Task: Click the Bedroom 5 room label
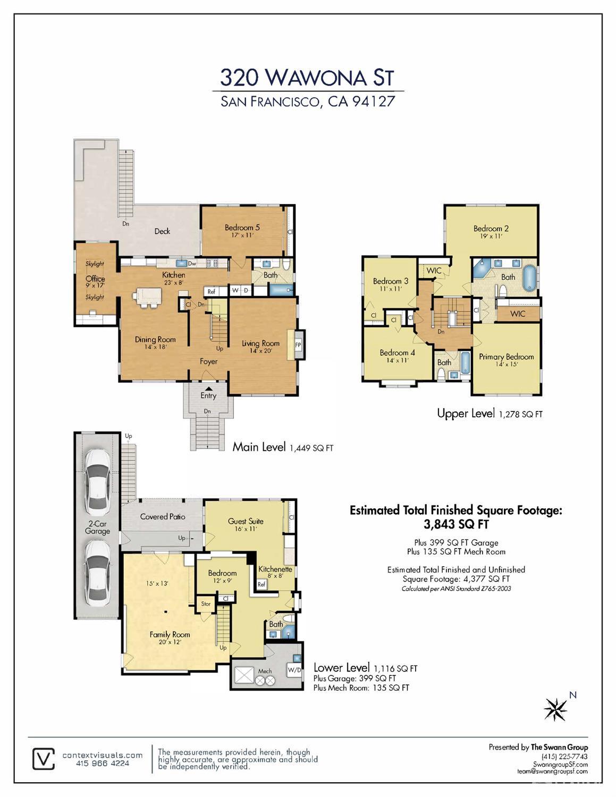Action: pos(242,228)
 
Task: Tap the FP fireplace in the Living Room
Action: pos(298,345)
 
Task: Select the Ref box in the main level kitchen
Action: pos(211,291)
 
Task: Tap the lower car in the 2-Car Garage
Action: pos(98,575)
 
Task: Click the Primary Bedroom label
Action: pos(506,357)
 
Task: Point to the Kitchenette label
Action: pos(275,569)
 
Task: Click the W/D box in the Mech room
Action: pos(294,670)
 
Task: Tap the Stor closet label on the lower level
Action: pos(206,603)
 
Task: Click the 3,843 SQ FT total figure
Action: pos(456,524)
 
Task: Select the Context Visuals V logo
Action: pos(44,759)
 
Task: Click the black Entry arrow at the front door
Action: pos(208,388)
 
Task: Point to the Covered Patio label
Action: pos(163,516)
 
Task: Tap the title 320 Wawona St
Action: pos(307,77)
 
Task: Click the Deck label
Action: pos(162,231)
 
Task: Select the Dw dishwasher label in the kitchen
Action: pos(192,263)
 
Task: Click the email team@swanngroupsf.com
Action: pos(552,771)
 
